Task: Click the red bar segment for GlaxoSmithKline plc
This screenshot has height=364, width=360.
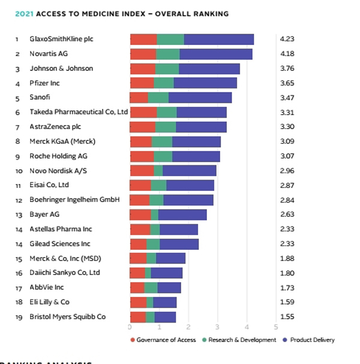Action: point(143,40)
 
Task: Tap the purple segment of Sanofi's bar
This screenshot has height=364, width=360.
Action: point(200,97)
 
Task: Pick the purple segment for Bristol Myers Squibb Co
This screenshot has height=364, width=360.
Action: point(165,317)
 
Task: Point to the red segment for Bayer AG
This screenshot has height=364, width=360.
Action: point(140,214)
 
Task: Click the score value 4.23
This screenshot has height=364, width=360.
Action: point(287,40)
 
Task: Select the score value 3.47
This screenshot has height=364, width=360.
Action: point(287,97)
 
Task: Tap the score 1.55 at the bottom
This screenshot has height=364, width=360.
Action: point(287,317)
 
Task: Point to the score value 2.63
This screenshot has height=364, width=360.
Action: point(287,214)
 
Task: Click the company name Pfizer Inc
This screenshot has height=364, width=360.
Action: point(45,83)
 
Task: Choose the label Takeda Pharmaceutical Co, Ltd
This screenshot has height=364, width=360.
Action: point(79,112)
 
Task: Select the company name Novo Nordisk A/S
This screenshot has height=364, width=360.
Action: point(58,171)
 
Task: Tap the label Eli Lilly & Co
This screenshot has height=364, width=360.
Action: point(49,302)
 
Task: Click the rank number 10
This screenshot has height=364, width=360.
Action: point(17,171)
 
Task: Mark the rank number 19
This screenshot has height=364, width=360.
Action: point(17,317)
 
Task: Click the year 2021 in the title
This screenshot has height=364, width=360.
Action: point(26,13)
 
